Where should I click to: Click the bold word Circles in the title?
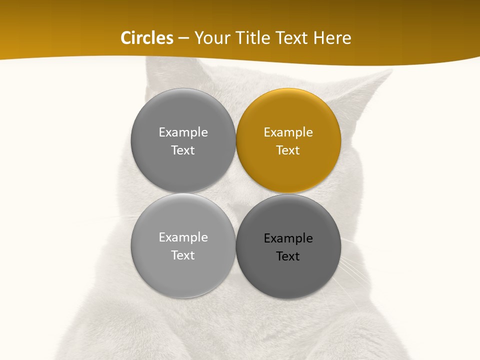tap(147, 38)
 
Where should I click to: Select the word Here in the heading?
tap(332, 38)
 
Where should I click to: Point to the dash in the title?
tap(183, 38)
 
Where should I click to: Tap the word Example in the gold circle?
tap(288, 132)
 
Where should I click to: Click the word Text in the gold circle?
tap(288, 150)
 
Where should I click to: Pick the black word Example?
tap(288, 238)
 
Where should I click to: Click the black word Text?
tap(288, 256)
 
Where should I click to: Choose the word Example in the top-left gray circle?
tap(183, 132)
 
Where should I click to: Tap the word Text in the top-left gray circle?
tap(183, 150)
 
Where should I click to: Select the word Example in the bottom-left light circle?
tap(183, 237)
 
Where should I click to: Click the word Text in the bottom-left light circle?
tap(183, 255)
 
